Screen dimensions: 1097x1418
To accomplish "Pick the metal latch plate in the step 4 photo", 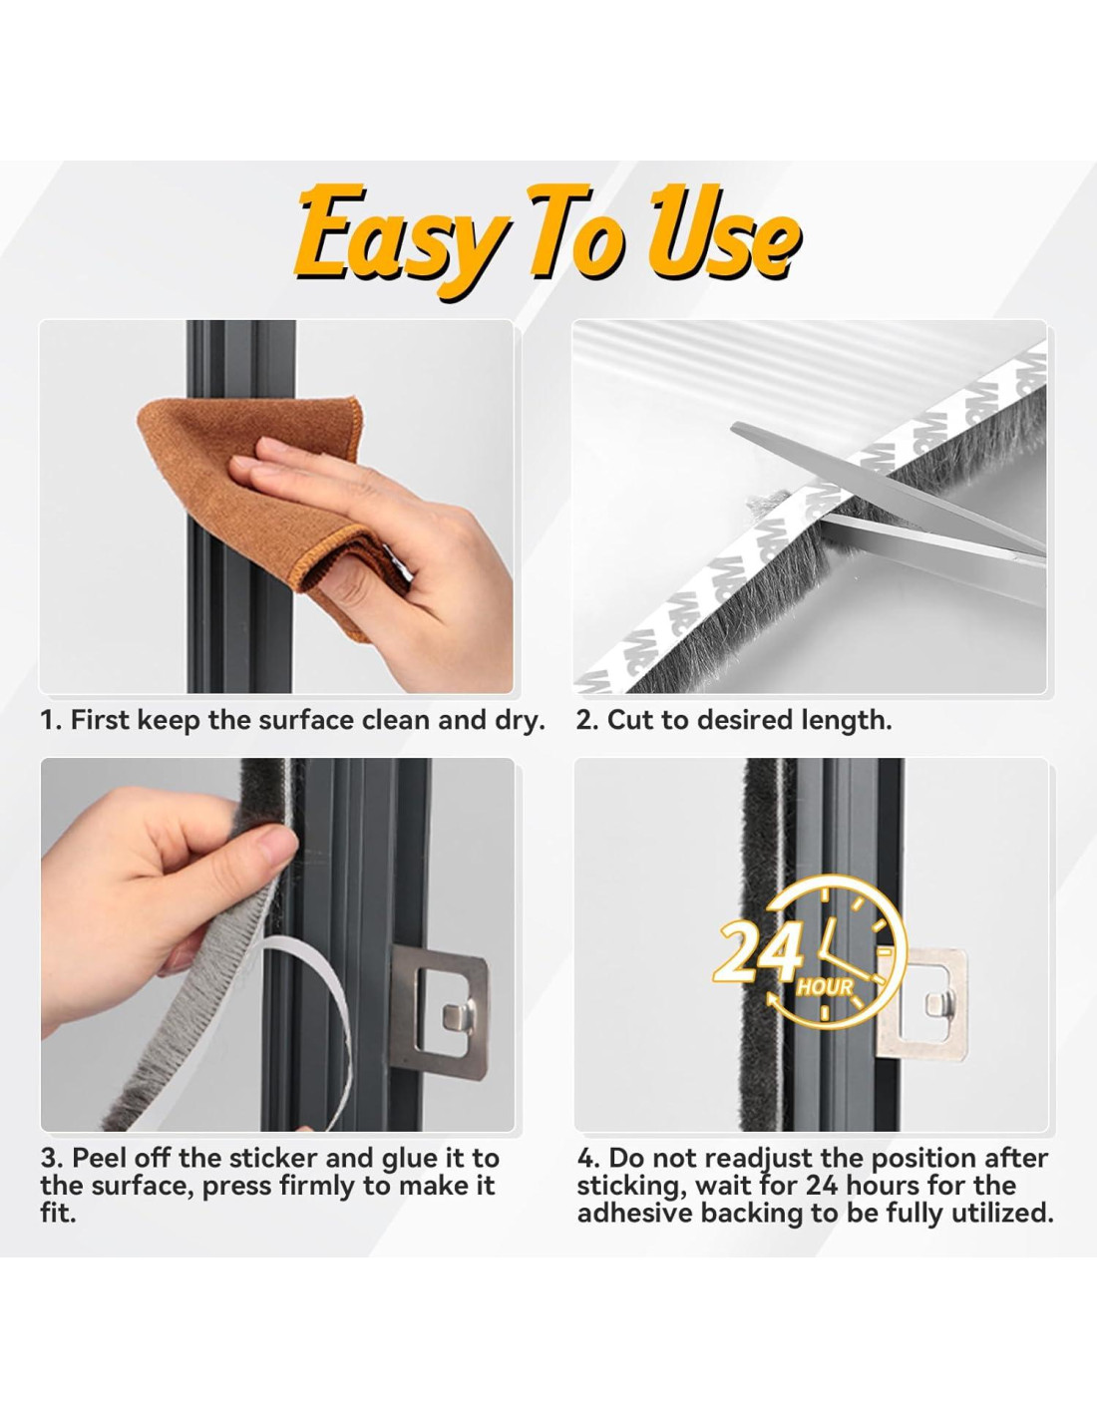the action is [921, 1005].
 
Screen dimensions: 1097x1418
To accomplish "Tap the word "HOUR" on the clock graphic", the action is [825, 986].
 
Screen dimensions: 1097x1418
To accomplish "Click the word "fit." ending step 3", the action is [58, 1214].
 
